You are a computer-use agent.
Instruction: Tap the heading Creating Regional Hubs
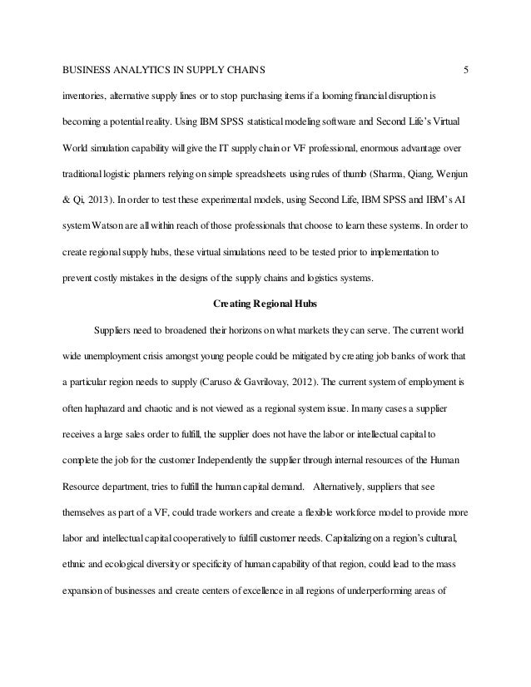click(265, 304)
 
